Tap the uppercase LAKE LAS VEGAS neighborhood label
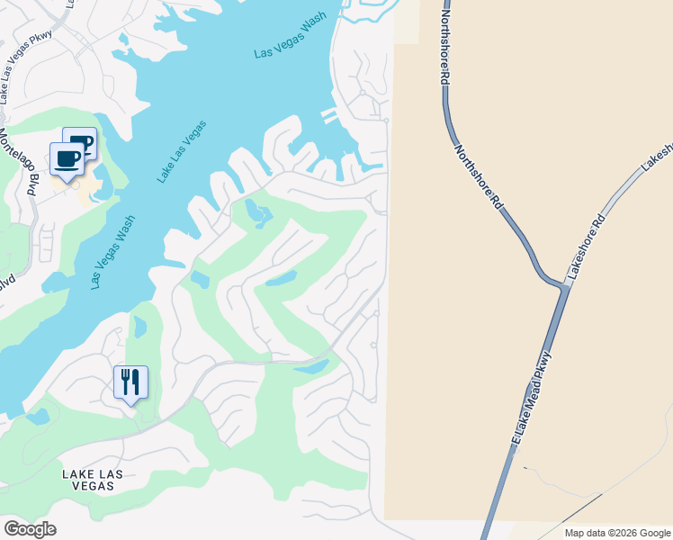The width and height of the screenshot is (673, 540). [x=88, y=479]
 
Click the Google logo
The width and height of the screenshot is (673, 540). [x=30, y=529]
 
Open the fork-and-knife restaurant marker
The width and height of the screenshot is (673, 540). [x=130, y=382]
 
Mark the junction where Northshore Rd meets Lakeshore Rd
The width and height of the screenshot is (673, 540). [x=564, y=286]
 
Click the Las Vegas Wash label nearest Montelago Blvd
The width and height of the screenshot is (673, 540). [x=112, y=251]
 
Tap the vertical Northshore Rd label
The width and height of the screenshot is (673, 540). [x=444, y=42]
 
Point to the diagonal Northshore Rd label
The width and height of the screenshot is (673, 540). [x=478, y=177]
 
